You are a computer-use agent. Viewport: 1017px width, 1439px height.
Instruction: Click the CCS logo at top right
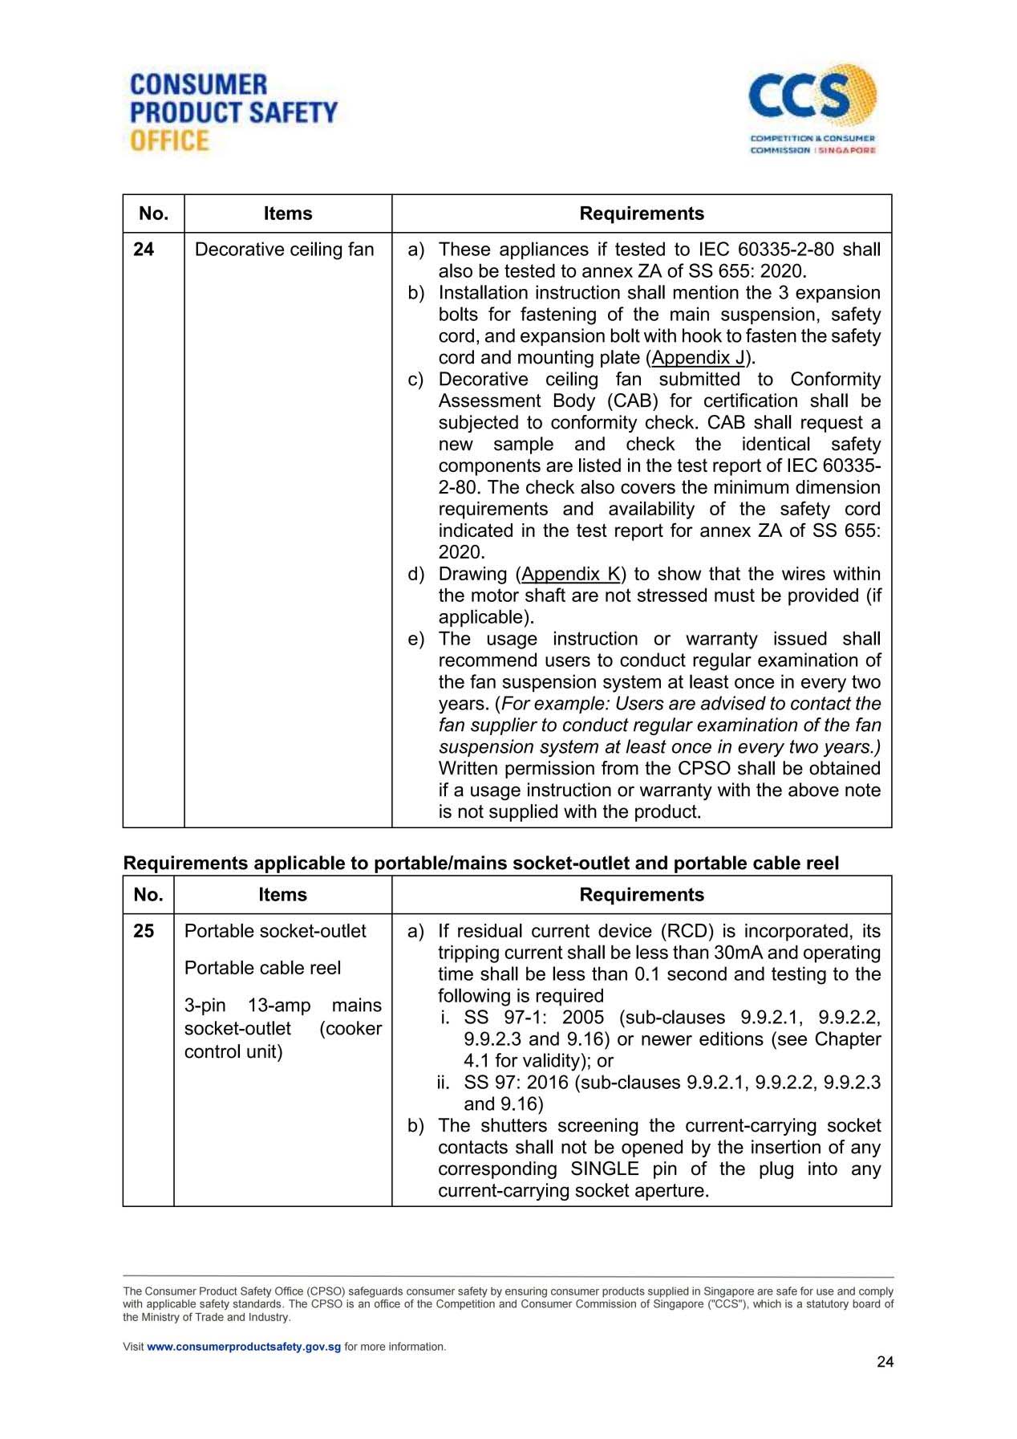tap(812, 109)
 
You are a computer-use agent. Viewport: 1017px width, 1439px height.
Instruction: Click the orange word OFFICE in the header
tap(169, 140)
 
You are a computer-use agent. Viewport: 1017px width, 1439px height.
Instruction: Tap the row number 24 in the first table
tap(144, 250)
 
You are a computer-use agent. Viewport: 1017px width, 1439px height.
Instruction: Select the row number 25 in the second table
tap(144, 931)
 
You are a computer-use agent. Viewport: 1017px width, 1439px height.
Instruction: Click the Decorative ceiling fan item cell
tap(285, 250)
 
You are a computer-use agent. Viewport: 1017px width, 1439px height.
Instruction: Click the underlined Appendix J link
tap(698, 358)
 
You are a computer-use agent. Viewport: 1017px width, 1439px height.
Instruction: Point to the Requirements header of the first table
tap(642, 213)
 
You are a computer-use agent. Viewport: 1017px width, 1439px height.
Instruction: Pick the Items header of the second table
tap(282, 895)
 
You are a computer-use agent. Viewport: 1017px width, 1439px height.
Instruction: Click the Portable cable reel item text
tap(262, 968)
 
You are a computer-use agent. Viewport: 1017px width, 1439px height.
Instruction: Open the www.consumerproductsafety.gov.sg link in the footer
tap(244, 1347)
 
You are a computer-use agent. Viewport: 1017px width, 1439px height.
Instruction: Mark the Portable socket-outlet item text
tap(275, 931)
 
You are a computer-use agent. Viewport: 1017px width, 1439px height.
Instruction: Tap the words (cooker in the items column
tap(350, 1029)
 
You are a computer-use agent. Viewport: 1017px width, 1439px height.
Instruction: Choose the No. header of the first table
tap(153, 213)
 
